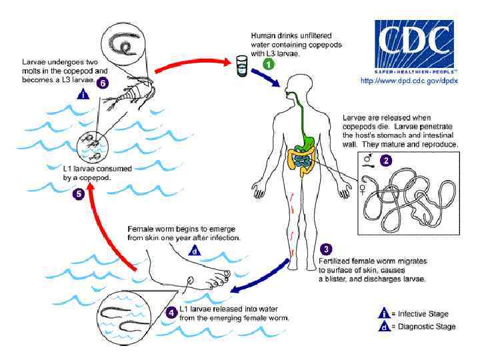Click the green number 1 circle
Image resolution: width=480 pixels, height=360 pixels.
(x=268, y=65)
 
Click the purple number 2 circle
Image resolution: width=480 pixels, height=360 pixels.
(x=386, y=160)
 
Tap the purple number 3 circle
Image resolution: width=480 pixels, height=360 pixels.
(x=325, y=249)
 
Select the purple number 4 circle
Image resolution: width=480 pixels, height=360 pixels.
(x=172, y=312)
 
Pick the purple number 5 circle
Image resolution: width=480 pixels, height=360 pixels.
(x=79, y=195)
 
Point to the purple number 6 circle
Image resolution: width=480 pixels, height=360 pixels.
(x=102, y=83)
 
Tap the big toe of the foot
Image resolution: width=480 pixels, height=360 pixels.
(x=227, y=274)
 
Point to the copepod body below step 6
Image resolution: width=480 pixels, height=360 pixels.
(x=121, y=106)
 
